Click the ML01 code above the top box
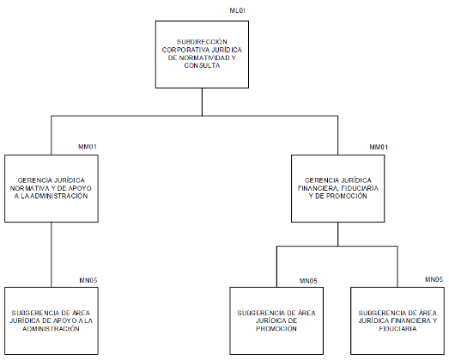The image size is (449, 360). point(238,10)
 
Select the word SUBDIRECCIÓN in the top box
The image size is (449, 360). point(202,42)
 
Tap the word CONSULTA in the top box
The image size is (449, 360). point(202,65)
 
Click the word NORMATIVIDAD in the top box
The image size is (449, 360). point(204,58)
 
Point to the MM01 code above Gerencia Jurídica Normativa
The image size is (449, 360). point(88,147)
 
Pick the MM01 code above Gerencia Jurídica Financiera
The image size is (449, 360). point(379,147)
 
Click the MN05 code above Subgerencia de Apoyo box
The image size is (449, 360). point(88,280)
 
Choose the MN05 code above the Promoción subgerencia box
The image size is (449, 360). point(308,281)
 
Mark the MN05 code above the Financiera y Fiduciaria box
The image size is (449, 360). point(434,279)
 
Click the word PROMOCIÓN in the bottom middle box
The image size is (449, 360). point(276,329)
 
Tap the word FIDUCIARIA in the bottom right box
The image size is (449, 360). point(397,329)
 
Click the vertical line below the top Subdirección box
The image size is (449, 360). point(202,102)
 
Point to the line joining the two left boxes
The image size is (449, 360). point(52,254)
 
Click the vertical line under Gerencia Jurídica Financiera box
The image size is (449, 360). point(338,235)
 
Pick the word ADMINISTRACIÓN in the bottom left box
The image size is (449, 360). point(51,329)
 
